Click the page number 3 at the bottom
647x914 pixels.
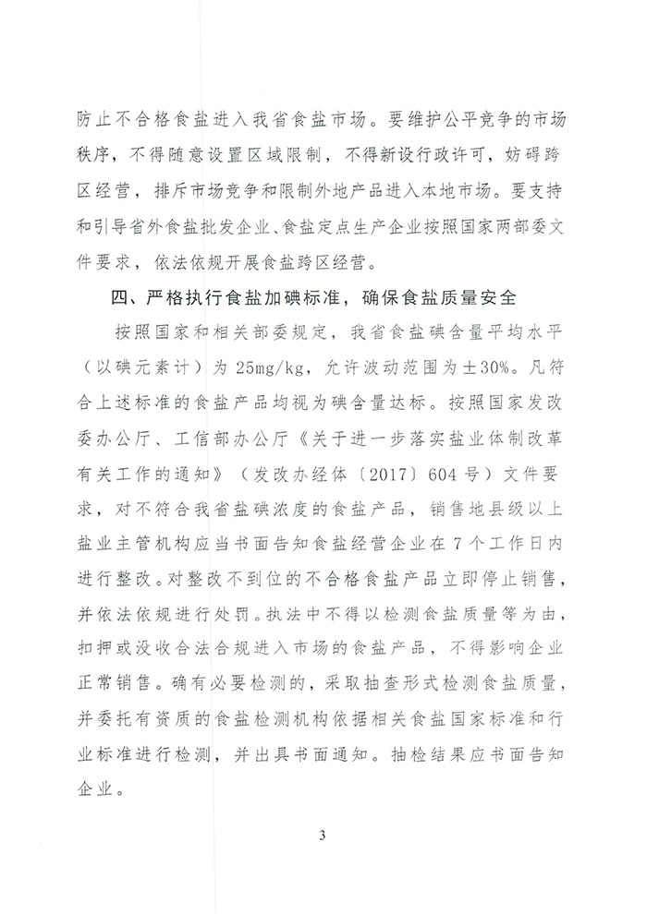point(323,836)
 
